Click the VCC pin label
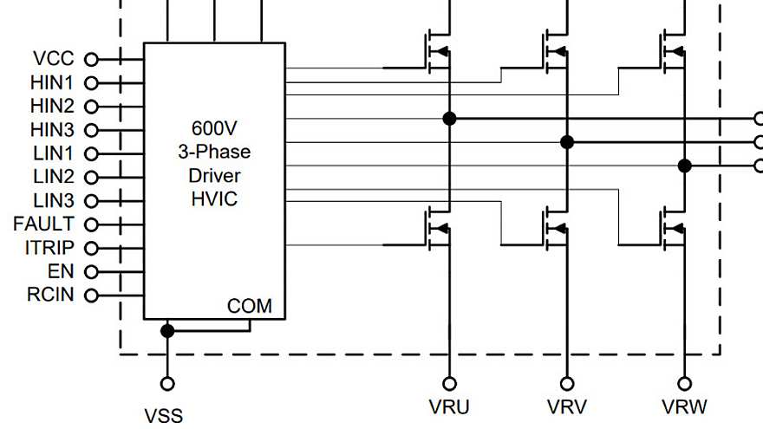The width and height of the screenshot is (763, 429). click(x=55, y=59)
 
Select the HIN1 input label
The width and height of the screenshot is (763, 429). click(x=53, y=83)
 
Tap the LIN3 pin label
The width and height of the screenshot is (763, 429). click(x=53, y=200)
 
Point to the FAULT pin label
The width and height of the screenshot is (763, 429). click(x=44, y=224)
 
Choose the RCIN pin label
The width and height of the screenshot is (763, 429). click(x=51, y=295)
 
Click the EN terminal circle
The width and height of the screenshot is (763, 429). click(x=90, y=271)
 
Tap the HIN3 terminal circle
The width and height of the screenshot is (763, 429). click(x=90, y=130)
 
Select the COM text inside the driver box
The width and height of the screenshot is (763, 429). click(x=250, y=306)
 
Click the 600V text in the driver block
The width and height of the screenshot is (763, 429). click(x=214, y=128)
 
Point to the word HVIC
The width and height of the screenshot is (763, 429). click(x=214, y=198)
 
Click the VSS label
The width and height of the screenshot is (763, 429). click(x=164, y=416)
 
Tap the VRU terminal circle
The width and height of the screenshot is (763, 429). click(x=449, y=384)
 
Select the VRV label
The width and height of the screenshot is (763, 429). click(x=567, y=406)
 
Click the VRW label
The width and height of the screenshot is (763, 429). click(x=684, y=406)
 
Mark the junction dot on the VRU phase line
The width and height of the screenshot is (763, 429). click(x=449, y=118)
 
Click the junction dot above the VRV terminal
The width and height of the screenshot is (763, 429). click(x=567, y=142)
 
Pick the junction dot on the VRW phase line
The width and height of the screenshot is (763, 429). click(x=684, y=166)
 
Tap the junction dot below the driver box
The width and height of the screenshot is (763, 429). click(x=167, y=331)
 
